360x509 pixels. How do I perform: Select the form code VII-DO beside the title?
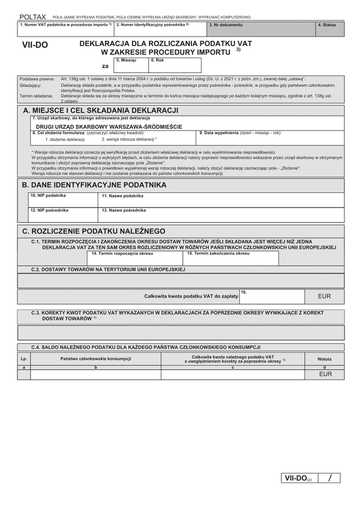click(x=35, y=46)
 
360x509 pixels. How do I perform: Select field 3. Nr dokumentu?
click(x=261, y=29)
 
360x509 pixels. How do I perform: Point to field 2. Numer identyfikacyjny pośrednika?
click(x=160, y=29)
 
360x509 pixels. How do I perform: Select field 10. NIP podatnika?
click(x=62, y=200)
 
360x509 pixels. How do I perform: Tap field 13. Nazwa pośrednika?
click(x=221, y=215)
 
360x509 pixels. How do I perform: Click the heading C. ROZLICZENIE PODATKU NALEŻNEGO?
click(x=93, y=231)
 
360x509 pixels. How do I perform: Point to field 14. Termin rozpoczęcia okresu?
click(x=134, y=258)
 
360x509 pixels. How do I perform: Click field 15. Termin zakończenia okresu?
click(x=231, y=258)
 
